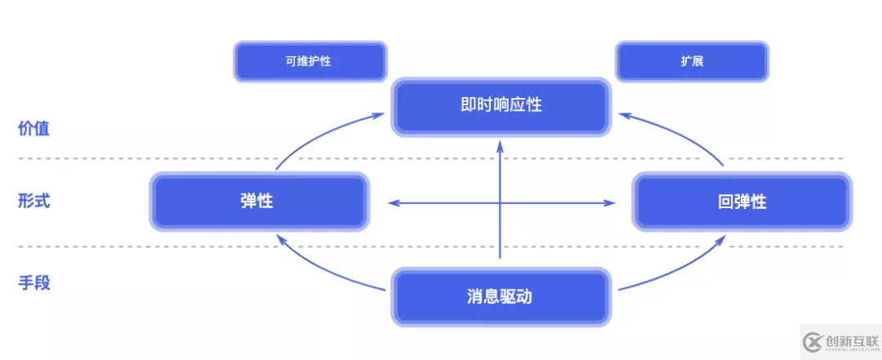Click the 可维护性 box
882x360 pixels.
coord(310,62)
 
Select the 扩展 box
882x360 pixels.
coord(691,62)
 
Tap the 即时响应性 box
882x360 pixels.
coord(501,106)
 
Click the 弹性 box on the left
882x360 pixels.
coord(258,201)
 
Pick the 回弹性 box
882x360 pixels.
coord(742,201)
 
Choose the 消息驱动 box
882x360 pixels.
coord(501,296)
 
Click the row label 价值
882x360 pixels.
coord(34,128)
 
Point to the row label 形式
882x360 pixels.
coord(34,201)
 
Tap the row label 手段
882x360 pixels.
coord(34,283)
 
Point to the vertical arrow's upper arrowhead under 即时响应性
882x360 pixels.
coord(500,144)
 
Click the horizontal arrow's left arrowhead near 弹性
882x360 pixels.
coord(392,203)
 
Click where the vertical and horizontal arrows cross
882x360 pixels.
coord(500,203)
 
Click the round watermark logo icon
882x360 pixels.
coord(812,340)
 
